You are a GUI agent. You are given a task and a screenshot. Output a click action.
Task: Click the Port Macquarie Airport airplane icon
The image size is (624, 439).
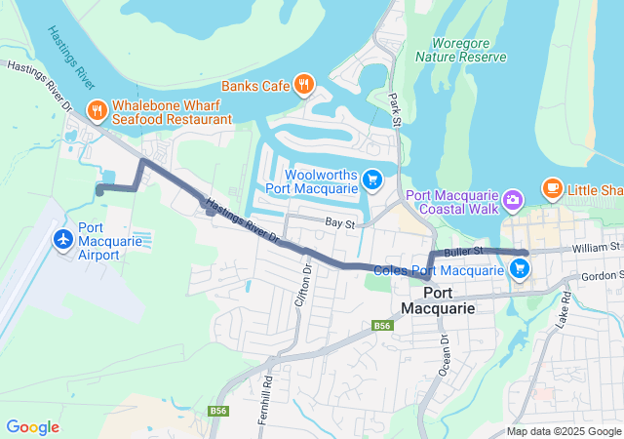coord(64,239)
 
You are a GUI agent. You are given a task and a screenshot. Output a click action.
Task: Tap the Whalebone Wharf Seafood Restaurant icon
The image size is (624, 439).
coord(97,110)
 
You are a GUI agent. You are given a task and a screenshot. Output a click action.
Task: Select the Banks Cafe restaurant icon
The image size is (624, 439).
coord(304,85)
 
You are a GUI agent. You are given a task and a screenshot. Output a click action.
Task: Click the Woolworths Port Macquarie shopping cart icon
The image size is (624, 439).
coord(371,179)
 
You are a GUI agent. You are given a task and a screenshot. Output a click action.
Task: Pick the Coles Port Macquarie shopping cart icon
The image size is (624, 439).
coord(520,270)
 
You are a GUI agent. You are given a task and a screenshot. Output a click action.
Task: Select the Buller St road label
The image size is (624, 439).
coord(462,252)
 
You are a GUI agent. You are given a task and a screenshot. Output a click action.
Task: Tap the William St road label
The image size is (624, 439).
coord(597,248)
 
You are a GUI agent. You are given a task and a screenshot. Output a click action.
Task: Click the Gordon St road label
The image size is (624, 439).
coord(601,276)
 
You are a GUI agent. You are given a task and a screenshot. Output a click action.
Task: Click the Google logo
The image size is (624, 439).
coord(32,426)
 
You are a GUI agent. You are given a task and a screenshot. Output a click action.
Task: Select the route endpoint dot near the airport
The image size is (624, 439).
coord(99,191)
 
